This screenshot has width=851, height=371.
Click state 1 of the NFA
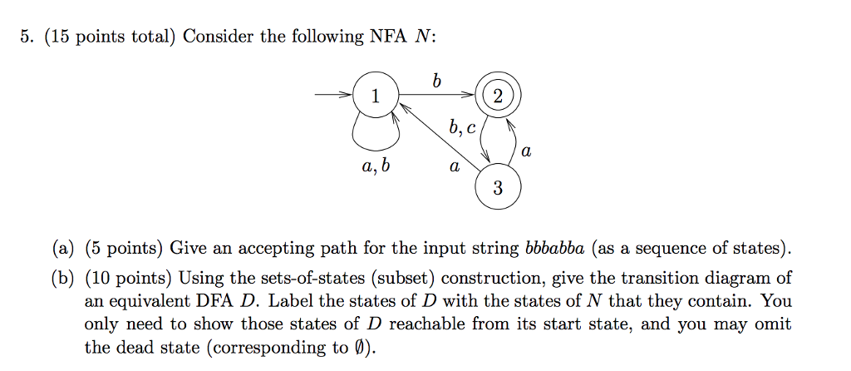coord(374,96)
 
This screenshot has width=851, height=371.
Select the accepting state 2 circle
coord(497,96)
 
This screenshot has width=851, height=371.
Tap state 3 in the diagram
coord(497,188)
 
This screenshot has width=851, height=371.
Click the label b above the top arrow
coord(436,82)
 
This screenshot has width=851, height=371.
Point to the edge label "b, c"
coord(461,128)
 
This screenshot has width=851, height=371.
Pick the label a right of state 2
coord(524,153)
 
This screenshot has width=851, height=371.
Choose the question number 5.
coord(27,37)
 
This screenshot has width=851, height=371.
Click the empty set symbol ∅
coord(359,348)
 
